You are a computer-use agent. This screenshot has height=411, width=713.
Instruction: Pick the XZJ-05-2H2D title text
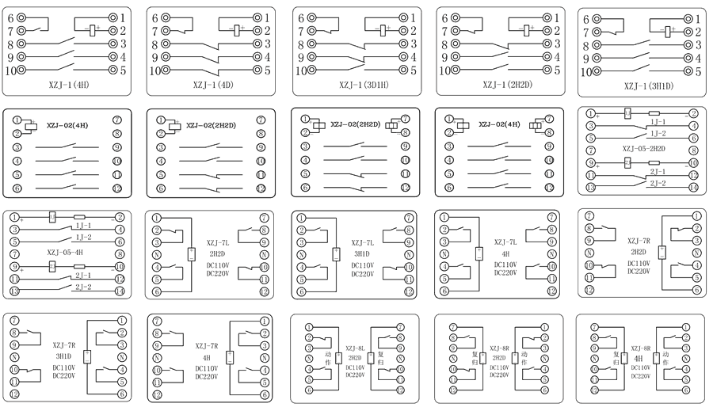tap(642, 148)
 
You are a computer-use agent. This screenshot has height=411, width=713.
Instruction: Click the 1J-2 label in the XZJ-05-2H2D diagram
tap(657, 134)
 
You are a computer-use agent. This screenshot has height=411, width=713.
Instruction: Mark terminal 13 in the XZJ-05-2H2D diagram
tap(590, 187)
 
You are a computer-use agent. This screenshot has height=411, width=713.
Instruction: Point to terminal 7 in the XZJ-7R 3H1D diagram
tap(14, 320)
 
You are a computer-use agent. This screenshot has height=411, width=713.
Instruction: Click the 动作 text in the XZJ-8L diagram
tap(328, 357)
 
